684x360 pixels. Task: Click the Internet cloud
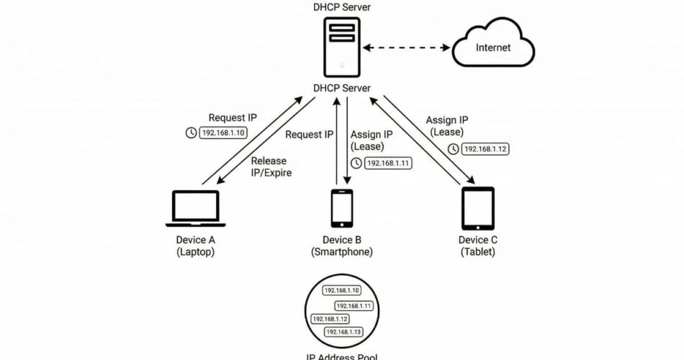(x=493, y=48)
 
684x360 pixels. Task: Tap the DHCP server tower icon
(x=342, y=46)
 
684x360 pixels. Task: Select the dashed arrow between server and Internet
(x=407, y=48)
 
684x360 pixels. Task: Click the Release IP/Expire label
(x=268, y=166)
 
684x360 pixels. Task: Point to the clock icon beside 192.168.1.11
(x=356, y=163)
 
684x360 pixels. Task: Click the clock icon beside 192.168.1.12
(x=454, y=149)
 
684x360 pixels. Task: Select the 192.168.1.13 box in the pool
(x=343, y=331)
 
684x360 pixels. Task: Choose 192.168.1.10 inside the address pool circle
(x=341, y=290)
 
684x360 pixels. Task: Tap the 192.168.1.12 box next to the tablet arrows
(x=485, y=149)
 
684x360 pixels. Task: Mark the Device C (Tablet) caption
(x=477, y=246)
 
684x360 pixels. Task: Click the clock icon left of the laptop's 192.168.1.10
(x=191, y=133)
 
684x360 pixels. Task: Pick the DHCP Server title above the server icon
(x=342, y=6)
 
